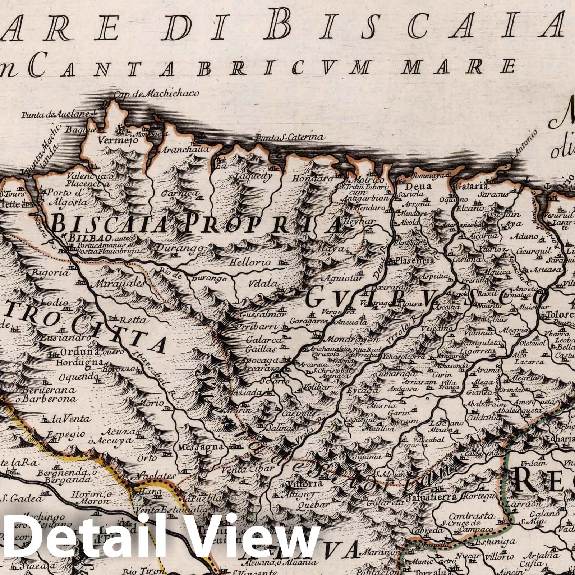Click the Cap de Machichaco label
(x=156, y=94)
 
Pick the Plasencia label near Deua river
(x=415, y=261)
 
